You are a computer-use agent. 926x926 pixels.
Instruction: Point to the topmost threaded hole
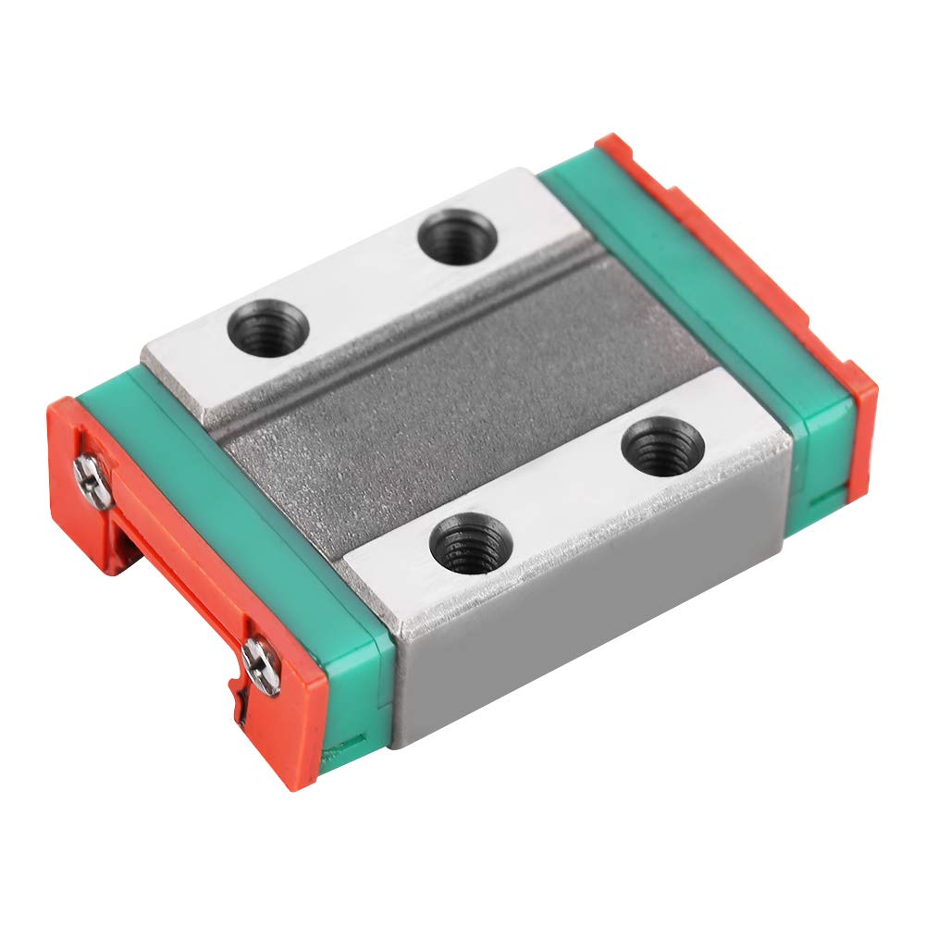pyautogui.click(x=457, y=237)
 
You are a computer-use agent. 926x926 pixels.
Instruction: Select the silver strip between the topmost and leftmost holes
pyautogui.click(x=361, y=278)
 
